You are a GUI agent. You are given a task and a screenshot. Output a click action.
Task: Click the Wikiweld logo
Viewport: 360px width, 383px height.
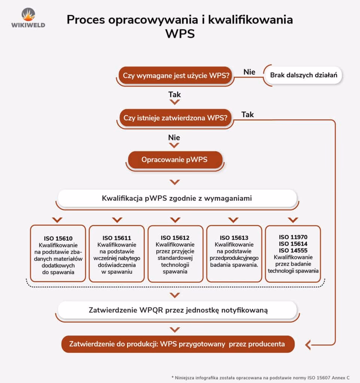[x=28, y=18]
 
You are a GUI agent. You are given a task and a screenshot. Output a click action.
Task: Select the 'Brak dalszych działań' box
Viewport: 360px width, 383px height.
[x=303, y=75]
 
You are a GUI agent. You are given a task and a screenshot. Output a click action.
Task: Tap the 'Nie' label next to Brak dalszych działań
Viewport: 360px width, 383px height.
[x=249, y=72]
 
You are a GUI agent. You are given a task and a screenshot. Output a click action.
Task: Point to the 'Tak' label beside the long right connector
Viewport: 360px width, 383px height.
[x=247, y=114]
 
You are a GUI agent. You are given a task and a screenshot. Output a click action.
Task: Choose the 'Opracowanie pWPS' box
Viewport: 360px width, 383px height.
[x=174, y=160]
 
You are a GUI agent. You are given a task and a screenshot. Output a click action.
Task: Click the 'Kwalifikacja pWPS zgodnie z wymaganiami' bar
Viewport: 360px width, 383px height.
[x=177, y=198]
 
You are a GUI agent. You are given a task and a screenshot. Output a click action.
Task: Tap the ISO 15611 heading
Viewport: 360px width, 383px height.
[x=117, y=238]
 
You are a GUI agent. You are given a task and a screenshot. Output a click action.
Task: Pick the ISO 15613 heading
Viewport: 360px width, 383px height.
[x=234, y=238]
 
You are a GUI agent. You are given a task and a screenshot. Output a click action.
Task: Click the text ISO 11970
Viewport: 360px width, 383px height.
[x=293, y=237]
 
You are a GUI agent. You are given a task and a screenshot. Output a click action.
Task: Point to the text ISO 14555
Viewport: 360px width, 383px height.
[x=293, y=250]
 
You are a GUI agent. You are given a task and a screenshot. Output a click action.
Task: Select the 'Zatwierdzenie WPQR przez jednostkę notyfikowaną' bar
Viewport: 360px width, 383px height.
[x=178, y=310]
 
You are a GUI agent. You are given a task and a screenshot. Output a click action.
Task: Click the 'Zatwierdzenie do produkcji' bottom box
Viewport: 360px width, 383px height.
[x=178, y=344]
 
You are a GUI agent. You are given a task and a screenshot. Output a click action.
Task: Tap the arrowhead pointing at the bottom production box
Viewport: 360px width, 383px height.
[x=308, y=344]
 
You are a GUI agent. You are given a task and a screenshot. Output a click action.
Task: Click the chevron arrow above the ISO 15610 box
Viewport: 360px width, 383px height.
[x=57, y=220]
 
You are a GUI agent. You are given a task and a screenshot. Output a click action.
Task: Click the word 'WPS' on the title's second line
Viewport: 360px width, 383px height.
[x=180, y=34]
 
